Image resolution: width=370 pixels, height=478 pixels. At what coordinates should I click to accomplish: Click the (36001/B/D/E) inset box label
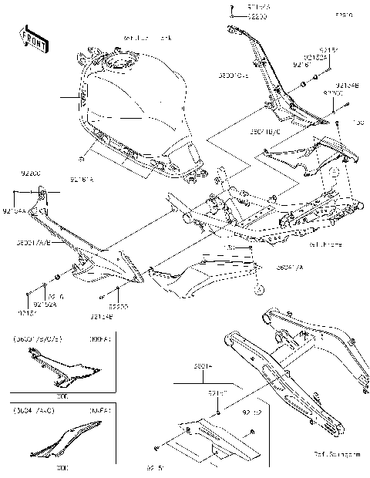point(36,338)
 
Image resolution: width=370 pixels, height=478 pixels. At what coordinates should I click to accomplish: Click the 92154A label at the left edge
point(15,210)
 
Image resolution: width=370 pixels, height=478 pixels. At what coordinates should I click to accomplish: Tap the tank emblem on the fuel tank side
point(80,97)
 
